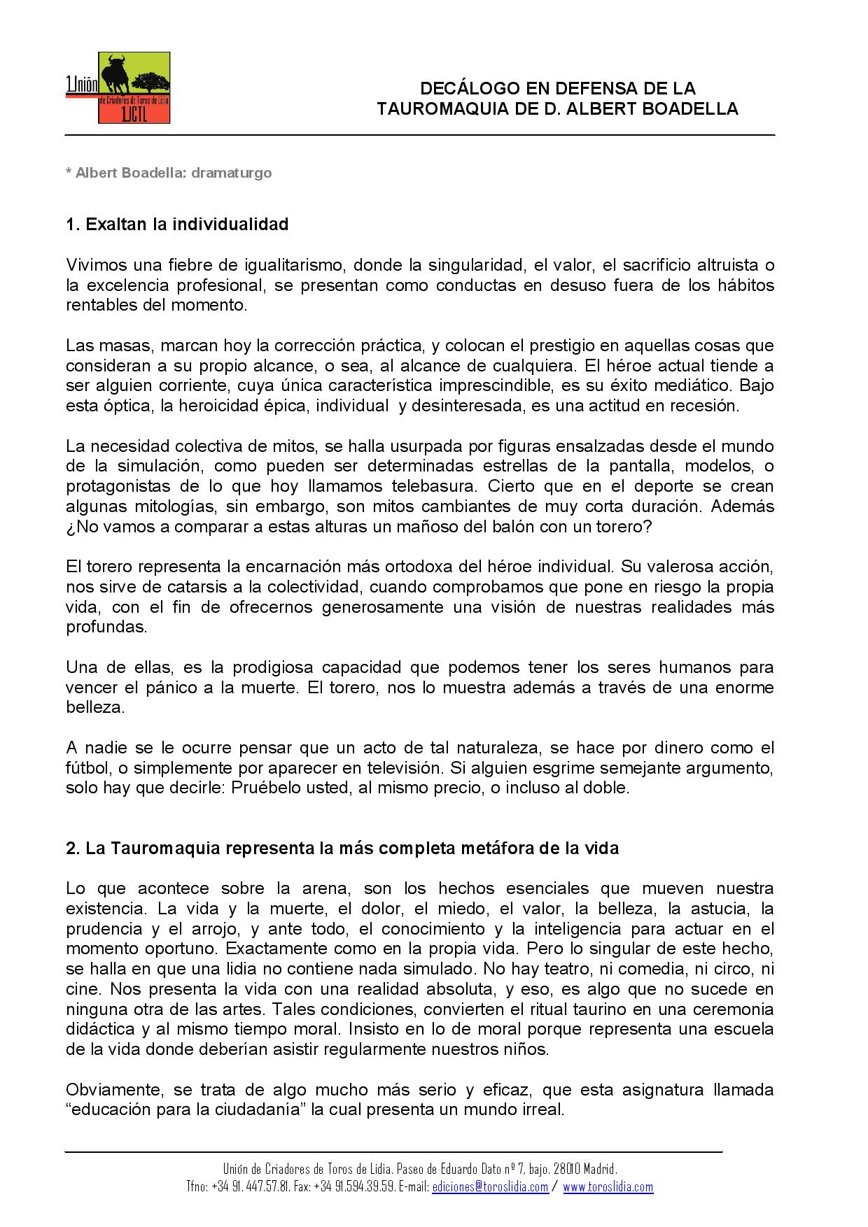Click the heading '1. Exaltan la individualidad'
coord(177,225)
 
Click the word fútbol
coord(85,768)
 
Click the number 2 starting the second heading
coord(71,849)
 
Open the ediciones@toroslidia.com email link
coord(490,1186)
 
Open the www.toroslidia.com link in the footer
coord(608,1186)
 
